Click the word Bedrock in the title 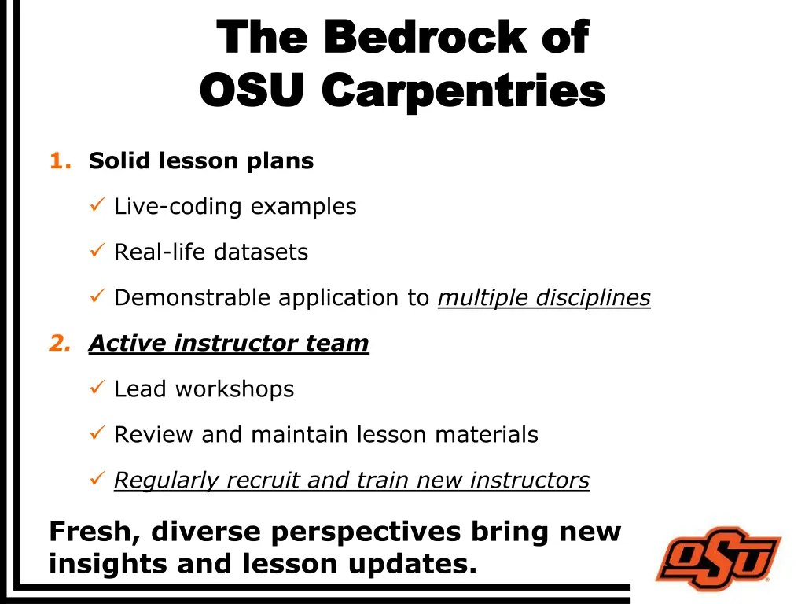[x=425, y=37]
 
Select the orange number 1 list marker [x=58, y=161]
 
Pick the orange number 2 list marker [x=58, y=344]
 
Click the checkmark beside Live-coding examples [x=97, y=206]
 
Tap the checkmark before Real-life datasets [x=97, y=252]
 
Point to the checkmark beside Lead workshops [x=97, y=389]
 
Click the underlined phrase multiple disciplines [x=543, y=298]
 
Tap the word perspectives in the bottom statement [x=366, y=532]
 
